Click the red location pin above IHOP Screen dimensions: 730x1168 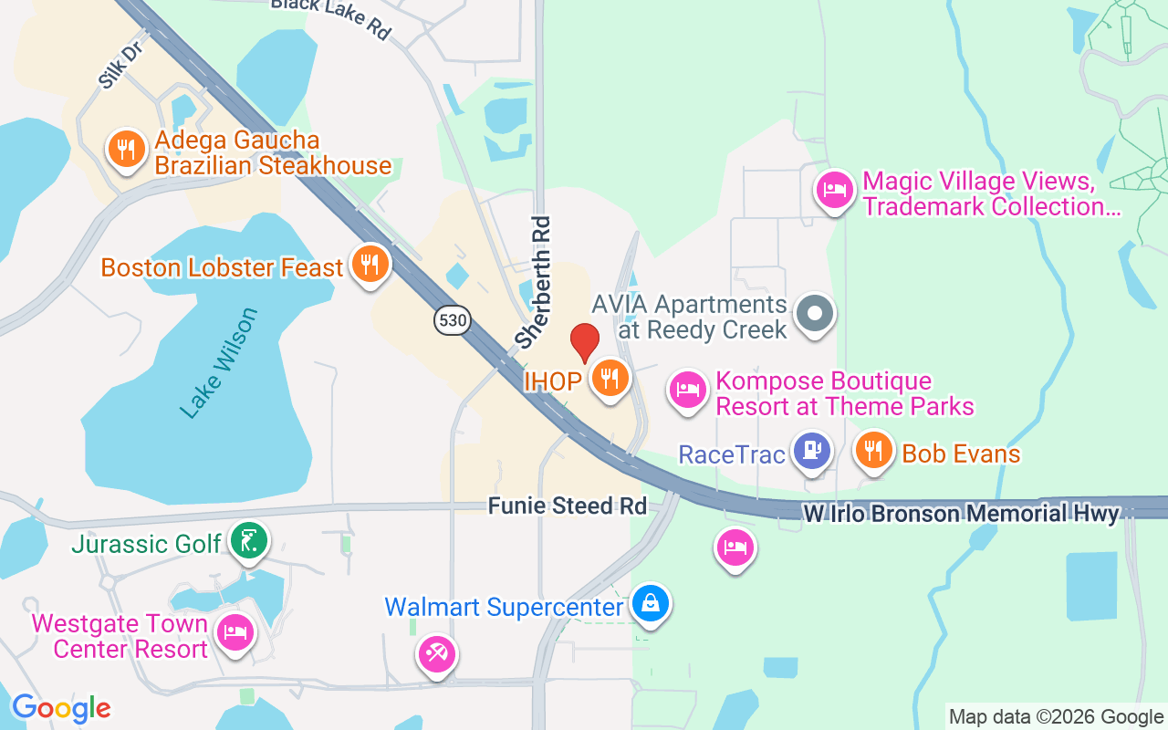(584, 341)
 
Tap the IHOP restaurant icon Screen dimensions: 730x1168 (609, 377)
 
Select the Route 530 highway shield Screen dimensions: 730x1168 (452, 319)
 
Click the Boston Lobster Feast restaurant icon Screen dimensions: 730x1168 (370, 265)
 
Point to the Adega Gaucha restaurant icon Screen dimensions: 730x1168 (127, 148)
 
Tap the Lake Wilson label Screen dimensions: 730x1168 (219, 363)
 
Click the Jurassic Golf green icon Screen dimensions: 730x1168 (248, 540)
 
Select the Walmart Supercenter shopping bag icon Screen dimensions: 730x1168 (651, 604)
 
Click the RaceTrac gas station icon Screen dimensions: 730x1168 (811, 451)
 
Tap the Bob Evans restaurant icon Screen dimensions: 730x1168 (874, 450)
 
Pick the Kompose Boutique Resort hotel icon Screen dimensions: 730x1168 (687, 390)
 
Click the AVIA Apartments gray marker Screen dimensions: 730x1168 (815, 314)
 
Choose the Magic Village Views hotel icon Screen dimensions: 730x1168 (834, 191)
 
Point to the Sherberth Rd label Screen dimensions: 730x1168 (534, 281)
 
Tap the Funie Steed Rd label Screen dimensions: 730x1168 (568, 506)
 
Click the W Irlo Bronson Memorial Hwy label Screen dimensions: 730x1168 (960, 515)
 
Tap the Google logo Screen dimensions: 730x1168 (61, 708)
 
